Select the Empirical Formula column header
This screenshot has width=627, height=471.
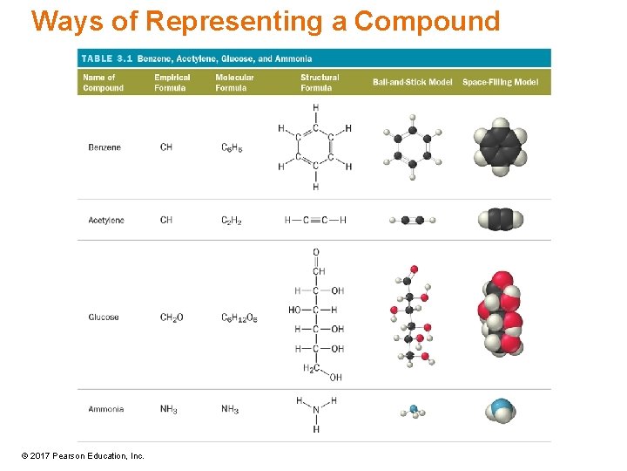click(172, 83)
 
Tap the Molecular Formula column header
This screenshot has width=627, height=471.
click(234, 83)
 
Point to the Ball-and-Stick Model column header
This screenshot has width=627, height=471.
click(412, 82)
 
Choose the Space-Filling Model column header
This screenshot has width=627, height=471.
click(500, 82)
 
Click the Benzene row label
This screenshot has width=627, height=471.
click(104, 147)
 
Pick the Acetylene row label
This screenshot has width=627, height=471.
click(106, 220)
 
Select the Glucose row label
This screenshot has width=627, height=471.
click(104, 317)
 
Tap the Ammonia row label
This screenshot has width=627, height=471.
click(106, 409)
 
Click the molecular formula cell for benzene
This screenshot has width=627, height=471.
click(232, 148)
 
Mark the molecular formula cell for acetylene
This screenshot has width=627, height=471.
click(232, 221)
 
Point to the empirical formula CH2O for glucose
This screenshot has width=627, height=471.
click(172, 317)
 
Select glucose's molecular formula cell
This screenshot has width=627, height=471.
click(239, 318)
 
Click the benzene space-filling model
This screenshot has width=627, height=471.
click(500, 147)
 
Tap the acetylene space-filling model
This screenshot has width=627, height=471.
click(500, 219)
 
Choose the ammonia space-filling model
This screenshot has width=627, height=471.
click(500, 409)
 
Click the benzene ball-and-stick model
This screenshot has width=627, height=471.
click(412, 147)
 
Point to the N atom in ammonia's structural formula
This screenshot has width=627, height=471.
click(316, 411)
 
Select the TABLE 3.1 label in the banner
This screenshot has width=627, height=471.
click(107, 58)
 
